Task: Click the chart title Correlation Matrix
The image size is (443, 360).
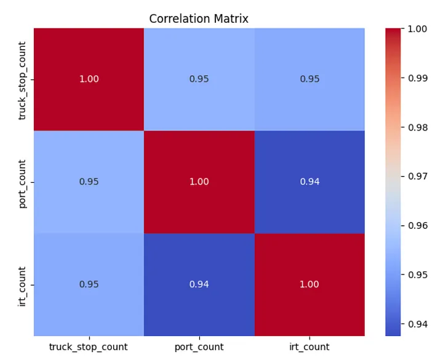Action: pos(199,18)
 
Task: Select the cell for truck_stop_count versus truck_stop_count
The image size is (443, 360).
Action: pos(89,79)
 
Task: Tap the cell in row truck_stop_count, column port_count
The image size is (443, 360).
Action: pos(199,79)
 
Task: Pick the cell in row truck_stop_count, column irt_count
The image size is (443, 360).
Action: pos(309,79)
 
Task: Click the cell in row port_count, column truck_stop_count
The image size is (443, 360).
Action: pos(89,182)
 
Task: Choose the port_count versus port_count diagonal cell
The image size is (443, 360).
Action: pos(199,182)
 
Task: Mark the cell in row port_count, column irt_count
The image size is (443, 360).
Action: pos(309,182)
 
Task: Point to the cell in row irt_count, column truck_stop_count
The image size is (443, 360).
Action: pos(89,284)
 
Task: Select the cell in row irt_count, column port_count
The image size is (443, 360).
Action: pos(199,284)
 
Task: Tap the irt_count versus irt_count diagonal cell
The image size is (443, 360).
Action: pos(309,284)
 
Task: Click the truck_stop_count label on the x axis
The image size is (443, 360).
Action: pos(89,347)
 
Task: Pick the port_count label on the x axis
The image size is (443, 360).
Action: pos(199,347)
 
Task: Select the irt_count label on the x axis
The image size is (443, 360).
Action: pos(309,347)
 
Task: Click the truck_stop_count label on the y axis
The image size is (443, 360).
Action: pos(23,79)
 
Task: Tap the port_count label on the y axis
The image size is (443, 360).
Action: pos(23,182)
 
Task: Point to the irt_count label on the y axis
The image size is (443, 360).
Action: pos(23,284)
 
